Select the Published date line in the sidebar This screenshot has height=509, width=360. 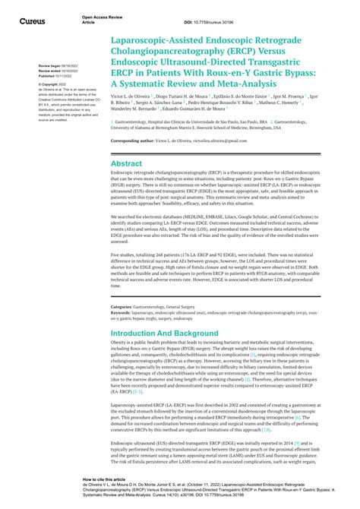coord(53,76)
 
